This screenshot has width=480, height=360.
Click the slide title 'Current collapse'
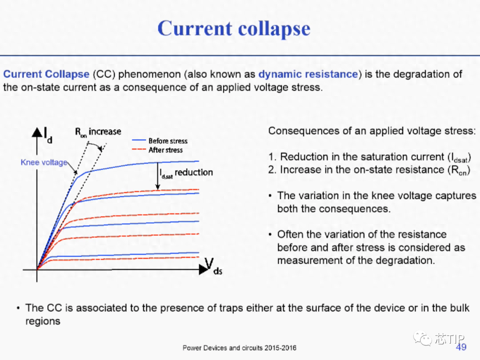(234, 29)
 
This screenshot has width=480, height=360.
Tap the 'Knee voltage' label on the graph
(44, 162)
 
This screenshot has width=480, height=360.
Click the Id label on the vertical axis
(48, 135)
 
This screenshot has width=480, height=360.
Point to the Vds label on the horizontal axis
(213, 266)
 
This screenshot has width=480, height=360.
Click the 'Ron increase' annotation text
(98, 132)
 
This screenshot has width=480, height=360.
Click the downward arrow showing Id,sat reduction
(158, 176)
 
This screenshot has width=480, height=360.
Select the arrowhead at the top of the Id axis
(37, 132)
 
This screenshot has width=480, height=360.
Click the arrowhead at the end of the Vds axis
(204, 270)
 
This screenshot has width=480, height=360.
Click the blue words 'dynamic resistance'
(308, 74)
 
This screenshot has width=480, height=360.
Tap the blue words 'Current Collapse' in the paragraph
(46, 74)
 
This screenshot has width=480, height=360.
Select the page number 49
(461, 347)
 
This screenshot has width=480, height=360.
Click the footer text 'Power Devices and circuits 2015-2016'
(240, 348)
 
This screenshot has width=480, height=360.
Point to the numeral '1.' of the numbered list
(272, 157)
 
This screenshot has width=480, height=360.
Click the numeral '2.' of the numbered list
(272, 170)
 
